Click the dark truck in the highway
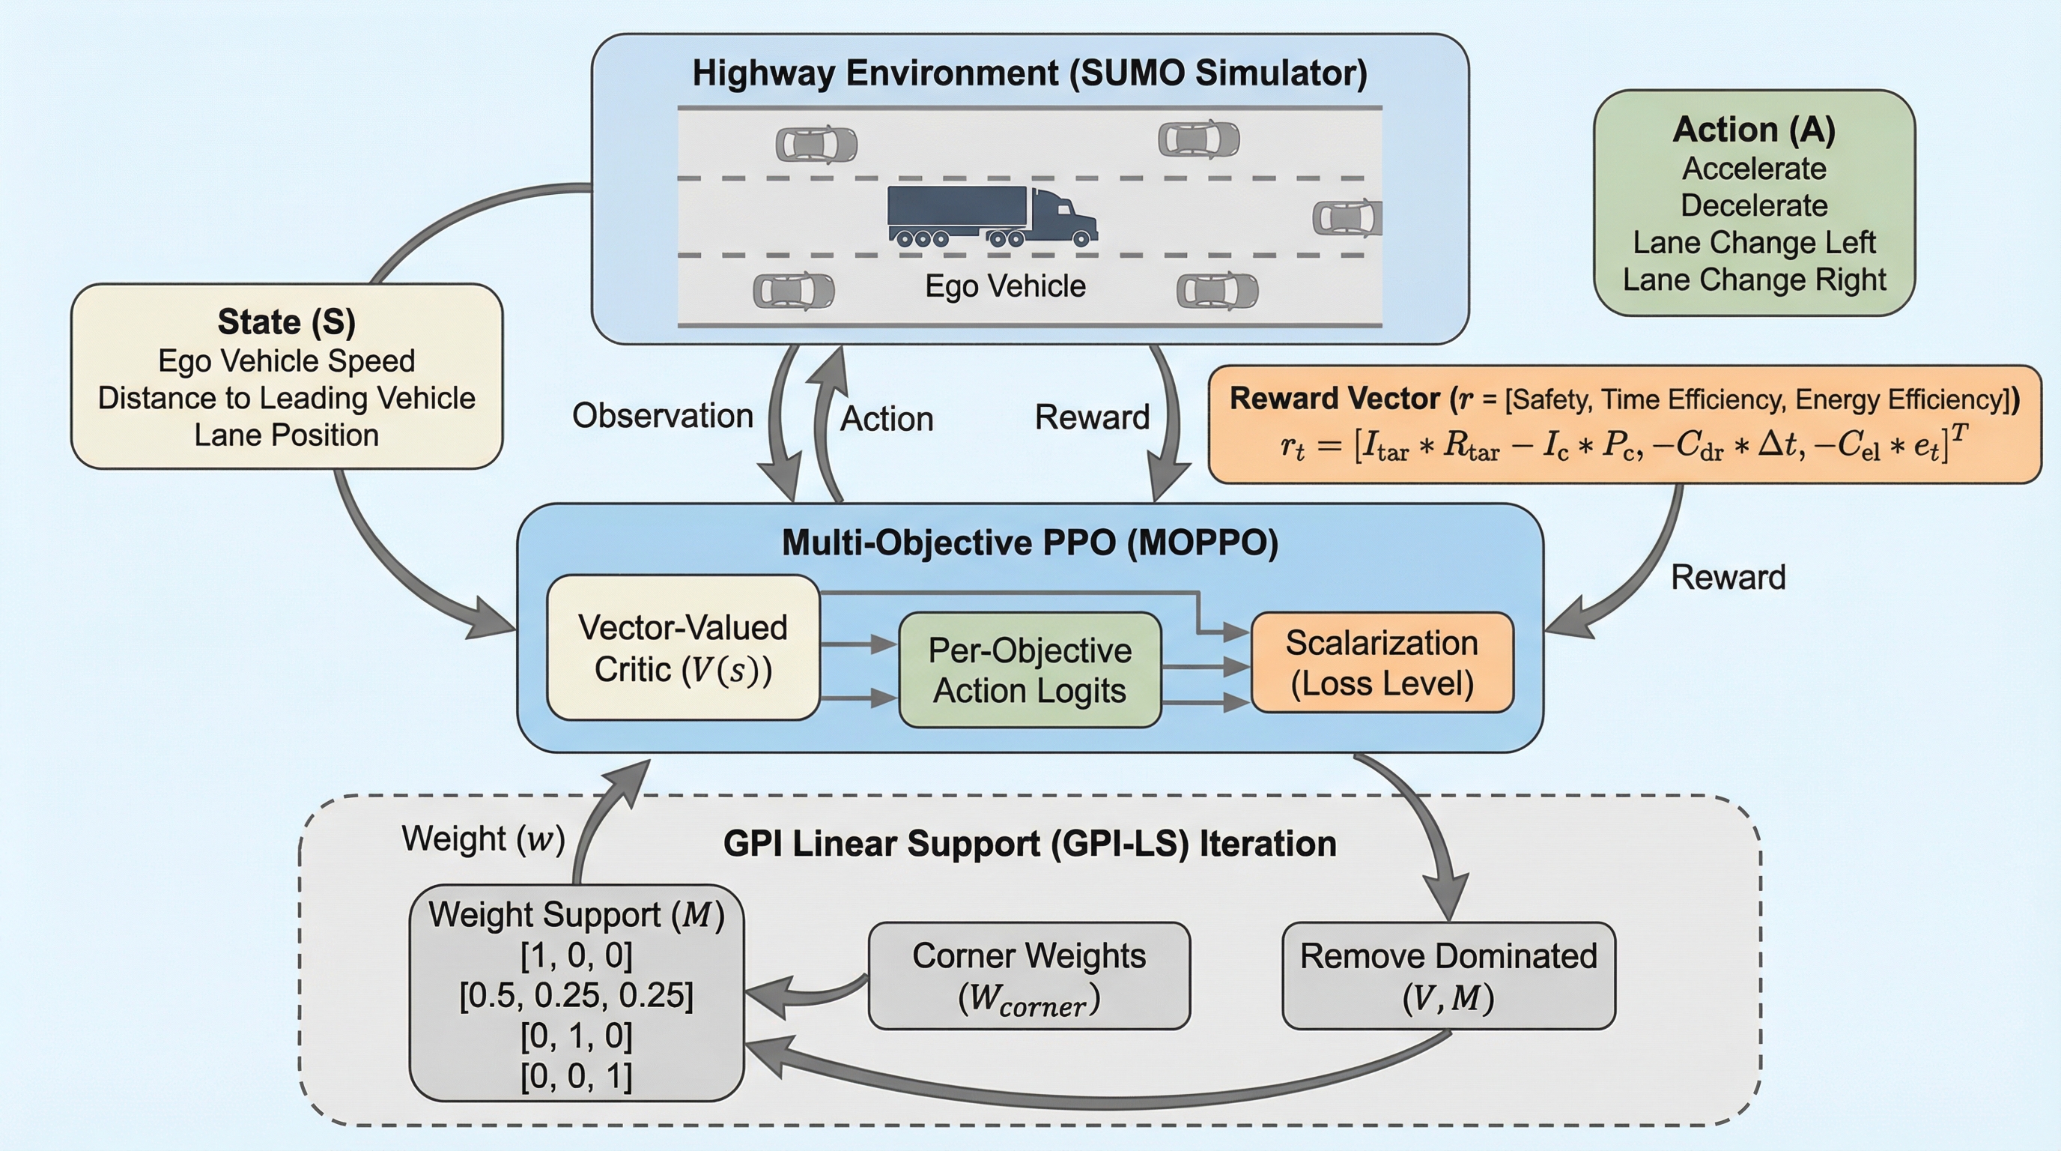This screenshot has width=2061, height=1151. pos(992,214)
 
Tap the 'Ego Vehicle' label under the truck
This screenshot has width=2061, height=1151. pos(1005,286)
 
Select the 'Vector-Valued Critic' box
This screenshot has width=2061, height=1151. pos(682,647)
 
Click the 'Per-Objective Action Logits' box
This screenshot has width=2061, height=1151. pos(1030,670)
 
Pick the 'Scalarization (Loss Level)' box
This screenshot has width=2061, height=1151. pos(1382,662)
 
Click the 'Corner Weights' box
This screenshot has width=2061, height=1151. pos(1029,976)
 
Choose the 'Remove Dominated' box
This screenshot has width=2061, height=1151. pos(1448,976)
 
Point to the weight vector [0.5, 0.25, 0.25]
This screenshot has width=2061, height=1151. pos(576,996)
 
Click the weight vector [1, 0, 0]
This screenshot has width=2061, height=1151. pos(576,955)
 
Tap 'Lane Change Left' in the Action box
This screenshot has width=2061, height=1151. pos(1754,243)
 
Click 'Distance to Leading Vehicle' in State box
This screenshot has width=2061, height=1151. pos(286,398)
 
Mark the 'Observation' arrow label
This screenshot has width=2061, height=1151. pos(663,416)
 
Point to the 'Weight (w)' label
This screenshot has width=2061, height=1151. pos(483,839)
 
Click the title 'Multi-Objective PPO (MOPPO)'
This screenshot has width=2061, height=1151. pos(1030,543)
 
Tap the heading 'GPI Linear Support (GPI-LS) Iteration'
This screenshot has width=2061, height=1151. pos(1030,844)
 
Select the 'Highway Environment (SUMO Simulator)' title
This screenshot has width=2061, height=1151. pos(1030,73)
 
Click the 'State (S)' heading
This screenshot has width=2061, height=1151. pos(286,321)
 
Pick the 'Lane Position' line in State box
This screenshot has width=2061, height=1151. pos(286,435)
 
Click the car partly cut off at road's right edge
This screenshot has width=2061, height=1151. pos(1349,218)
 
